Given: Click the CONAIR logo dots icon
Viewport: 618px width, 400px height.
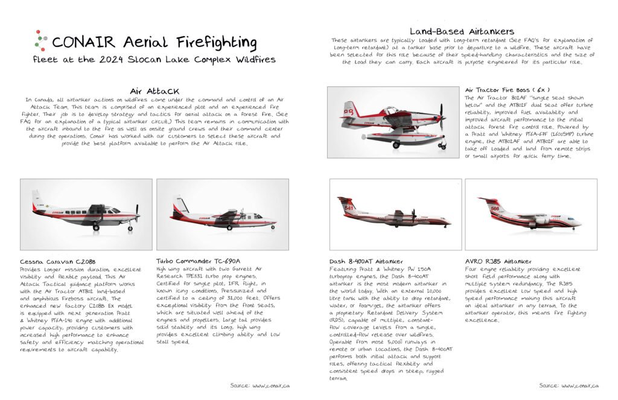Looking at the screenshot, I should coord(40,39).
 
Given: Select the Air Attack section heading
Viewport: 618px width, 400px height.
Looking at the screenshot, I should coord(154,92).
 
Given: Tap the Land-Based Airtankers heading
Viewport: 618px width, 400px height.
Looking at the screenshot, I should coord(462,31).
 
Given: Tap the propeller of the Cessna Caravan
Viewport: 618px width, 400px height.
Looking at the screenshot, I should coord(137,212).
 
